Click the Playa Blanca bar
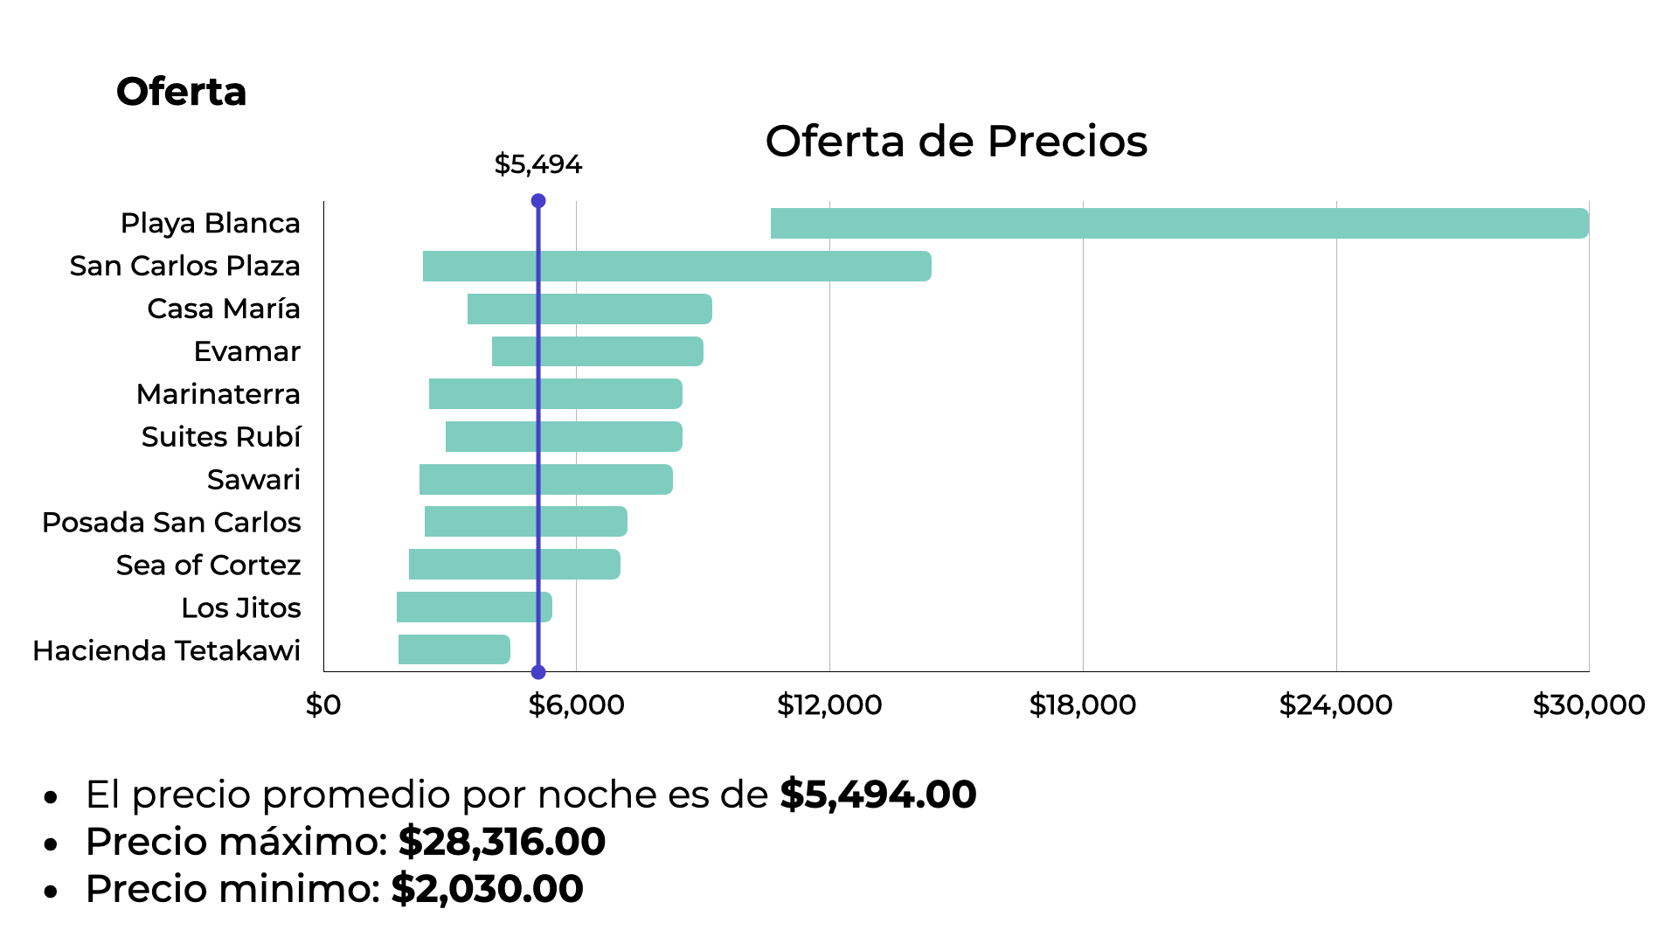pos(1179,224)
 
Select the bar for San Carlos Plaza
pos(676,267)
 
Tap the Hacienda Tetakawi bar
pos(454,649)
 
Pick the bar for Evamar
pos(597,351)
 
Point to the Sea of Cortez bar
pos(514,565)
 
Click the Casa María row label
pos(223,309)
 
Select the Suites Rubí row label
pos(220,437)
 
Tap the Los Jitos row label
pos(240,608)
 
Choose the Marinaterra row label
pos(218,394)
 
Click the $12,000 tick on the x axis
pos(829,705)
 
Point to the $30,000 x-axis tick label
pos(1588,705)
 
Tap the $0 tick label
pos(323,705)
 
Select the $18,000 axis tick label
pos(1082,705)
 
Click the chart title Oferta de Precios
pos(955,142)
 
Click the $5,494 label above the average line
pos(537,164)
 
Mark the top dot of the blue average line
pos(538,201)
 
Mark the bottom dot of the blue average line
pos(538,672)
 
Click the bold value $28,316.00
pos(502,842)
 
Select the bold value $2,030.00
pos(487,889)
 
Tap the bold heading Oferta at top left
pos(181,92)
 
